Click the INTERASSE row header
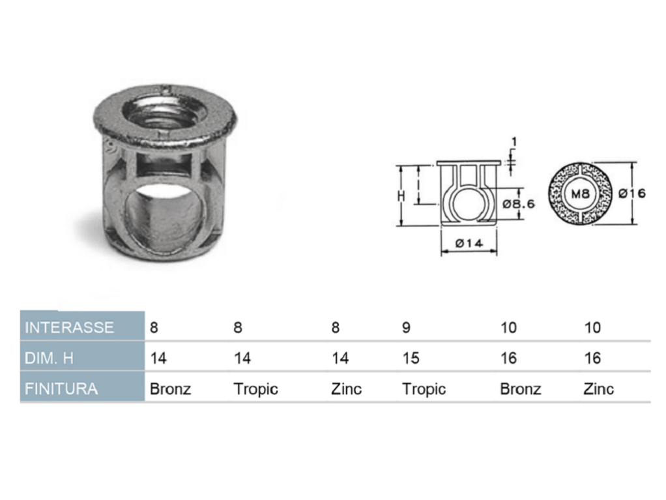click(69, 327)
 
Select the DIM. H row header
click(49, 358)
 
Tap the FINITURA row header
click(61, 389)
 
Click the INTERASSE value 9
click(406, 327)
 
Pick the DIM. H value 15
click(411, 358)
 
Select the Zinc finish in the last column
click(598, 389)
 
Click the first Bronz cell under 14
click(170, 389)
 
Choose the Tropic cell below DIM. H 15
click(424, 389)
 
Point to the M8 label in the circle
click(580, 194)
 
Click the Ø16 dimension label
click(632, 194)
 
